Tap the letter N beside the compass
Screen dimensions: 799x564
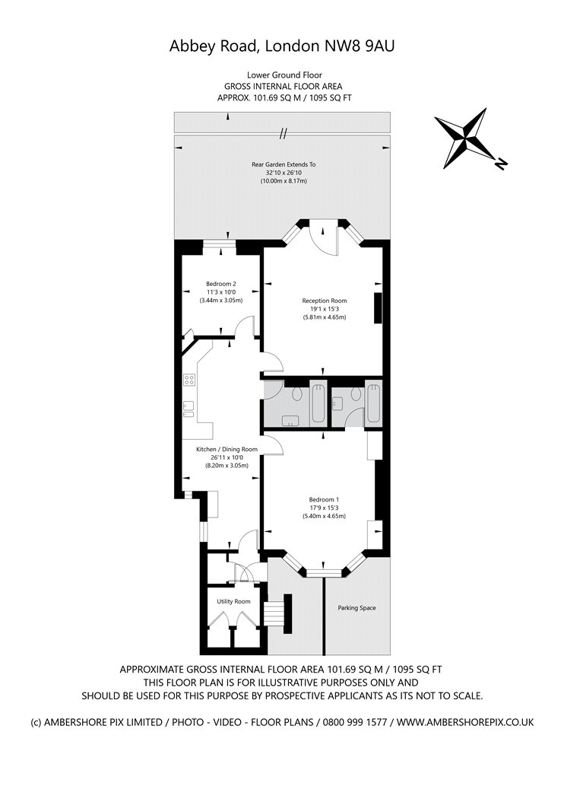pyautogui.click(x=500, y=164)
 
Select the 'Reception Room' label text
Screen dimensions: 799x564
pyautogui.click(x=324, y=301)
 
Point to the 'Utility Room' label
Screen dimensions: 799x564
pyautogui.click(x=233, y=601)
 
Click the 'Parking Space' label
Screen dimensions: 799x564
pyautogui.click(x=356, y=608)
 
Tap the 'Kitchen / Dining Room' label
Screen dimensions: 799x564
pyautogui.click(x=227, y=450)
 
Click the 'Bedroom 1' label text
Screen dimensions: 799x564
pyautogui.click(x=324, y=499)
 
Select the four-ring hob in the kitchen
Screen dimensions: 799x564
pyautogui.click(x=189, y=380)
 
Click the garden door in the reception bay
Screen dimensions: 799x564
pyautogui.click(x=325, y=237)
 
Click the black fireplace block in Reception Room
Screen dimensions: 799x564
pyautogui.click(x=377, y=307)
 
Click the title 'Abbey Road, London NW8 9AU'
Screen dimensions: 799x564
pyautogui.click(x=282, y=47)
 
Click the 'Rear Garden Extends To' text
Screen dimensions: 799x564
pyautogui.click(x=284, y=164)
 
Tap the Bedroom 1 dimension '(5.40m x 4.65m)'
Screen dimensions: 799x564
pyautogui.click(x=324, y=517)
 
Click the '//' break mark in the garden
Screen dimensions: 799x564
pyautogui.click(x=283, y=134)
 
